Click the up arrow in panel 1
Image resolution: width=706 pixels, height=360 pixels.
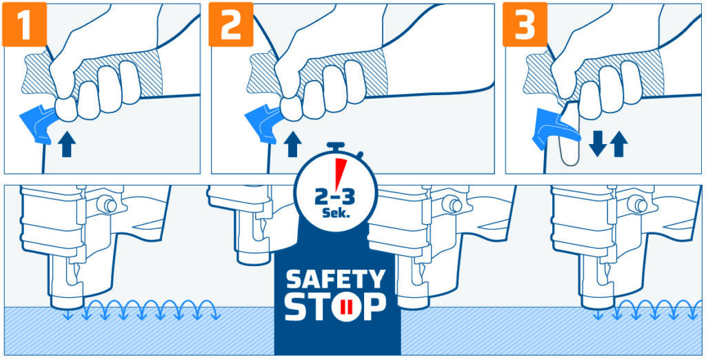(x=66, y=145)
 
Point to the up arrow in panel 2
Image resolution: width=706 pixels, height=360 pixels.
(x=292, y=145)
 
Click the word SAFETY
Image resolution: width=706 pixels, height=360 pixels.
(x=336, y=279)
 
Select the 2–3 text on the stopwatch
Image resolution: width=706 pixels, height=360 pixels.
(x=334, y=196)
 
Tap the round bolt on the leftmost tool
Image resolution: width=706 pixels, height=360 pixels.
(x=107, y=204)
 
